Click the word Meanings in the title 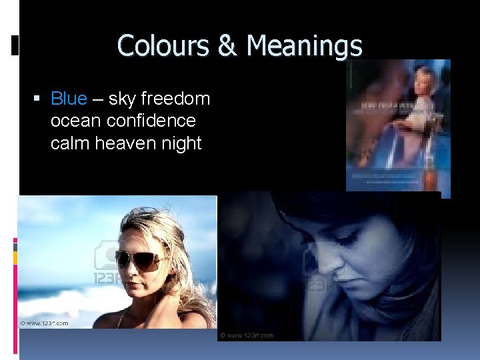304,46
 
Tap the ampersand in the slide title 227,46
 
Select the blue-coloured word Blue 69,99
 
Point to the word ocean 71,121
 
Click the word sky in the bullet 121,99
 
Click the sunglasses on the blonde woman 141,259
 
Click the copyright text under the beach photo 45,323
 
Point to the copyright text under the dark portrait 248,335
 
